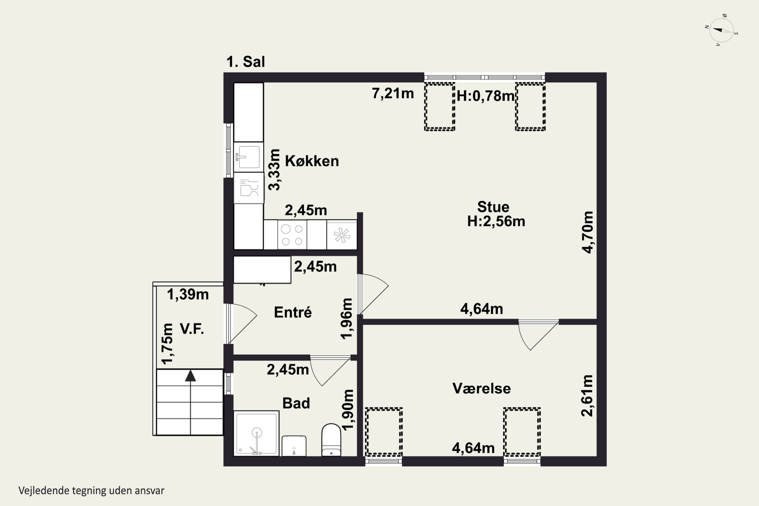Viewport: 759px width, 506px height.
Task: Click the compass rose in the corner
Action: coord(722,30)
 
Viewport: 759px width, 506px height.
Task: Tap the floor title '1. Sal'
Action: coord(246,62)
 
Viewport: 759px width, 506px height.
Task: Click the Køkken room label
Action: coord(312,161)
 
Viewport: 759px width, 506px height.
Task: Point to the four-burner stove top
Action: coord(292,235)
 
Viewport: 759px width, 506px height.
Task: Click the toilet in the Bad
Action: coord(331,440)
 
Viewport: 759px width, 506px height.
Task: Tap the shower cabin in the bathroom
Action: coord(256,433)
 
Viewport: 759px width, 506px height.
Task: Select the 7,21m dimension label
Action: coord(393,94)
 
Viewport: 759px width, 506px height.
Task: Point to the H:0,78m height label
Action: coord(485,96)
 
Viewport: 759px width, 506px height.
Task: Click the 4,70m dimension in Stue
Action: coord(588,232)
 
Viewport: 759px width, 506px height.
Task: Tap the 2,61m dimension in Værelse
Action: coord(587,396)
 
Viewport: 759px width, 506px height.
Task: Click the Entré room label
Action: coord(293,312)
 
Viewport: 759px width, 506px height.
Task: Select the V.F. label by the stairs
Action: coord(192,329)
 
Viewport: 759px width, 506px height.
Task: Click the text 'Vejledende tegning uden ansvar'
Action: coord(91,491)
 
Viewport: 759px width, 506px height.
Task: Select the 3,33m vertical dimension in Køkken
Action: coord(274,170)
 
